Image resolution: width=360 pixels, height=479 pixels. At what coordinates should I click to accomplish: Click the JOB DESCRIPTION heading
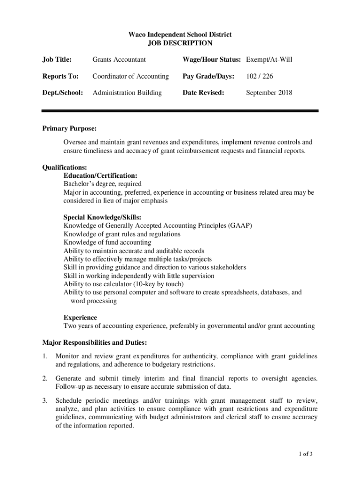180,44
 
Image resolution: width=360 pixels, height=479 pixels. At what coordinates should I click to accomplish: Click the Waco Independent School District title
180,35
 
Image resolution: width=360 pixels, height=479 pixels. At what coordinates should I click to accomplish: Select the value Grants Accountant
119,59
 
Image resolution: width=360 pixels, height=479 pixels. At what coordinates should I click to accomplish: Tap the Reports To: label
61,76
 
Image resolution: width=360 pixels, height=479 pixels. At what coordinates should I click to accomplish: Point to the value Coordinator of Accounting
130,76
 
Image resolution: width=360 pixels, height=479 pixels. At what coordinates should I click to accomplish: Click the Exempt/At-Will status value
269,59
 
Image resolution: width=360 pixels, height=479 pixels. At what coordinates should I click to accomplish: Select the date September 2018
269,93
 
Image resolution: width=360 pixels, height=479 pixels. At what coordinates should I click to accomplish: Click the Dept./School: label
63,93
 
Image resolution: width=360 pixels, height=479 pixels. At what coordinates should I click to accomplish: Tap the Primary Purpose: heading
69,129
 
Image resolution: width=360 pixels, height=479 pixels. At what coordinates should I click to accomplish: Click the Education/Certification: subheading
100,175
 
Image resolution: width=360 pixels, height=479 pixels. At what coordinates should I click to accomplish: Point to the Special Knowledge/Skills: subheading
102,217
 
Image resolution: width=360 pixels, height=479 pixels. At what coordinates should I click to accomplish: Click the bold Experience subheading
80,318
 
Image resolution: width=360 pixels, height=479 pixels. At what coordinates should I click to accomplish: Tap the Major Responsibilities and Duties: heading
95,342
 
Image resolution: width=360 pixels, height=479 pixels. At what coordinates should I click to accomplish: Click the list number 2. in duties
45,378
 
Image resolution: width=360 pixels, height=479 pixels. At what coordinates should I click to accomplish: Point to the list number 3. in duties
45,400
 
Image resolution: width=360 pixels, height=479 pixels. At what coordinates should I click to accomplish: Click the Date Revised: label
203,93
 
